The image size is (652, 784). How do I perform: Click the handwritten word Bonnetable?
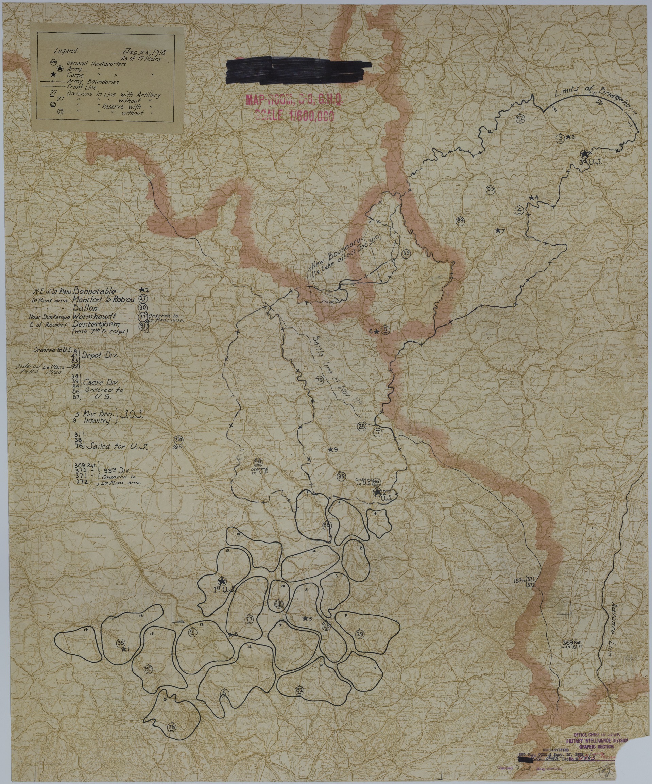coord(95,291)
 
